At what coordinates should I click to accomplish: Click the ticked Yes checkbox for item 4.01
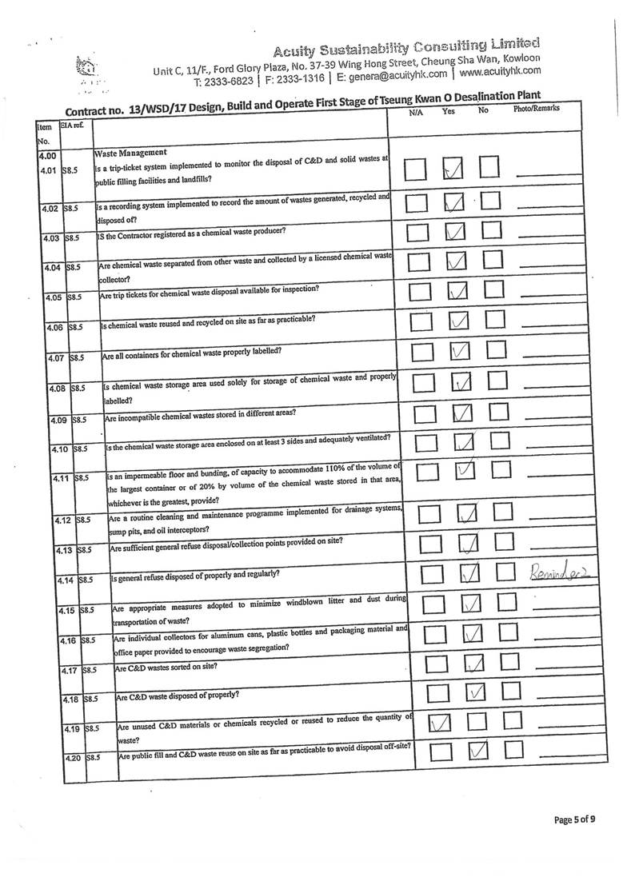coord(452,169)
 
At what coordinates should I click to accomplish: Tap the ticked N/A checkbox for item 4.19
coord(440,723)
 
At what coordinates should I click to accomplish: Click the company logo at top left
coord(82,69)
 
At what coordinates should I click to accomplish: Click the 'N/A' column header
coord(415,113)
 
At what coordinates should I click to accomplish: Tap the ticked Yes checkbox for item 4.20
coord(477,751)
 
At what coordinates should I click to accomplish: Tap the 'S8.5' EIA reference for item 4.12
coord(86,520)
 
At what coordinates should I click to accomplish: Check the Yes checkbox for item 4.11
coord(465,471)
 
